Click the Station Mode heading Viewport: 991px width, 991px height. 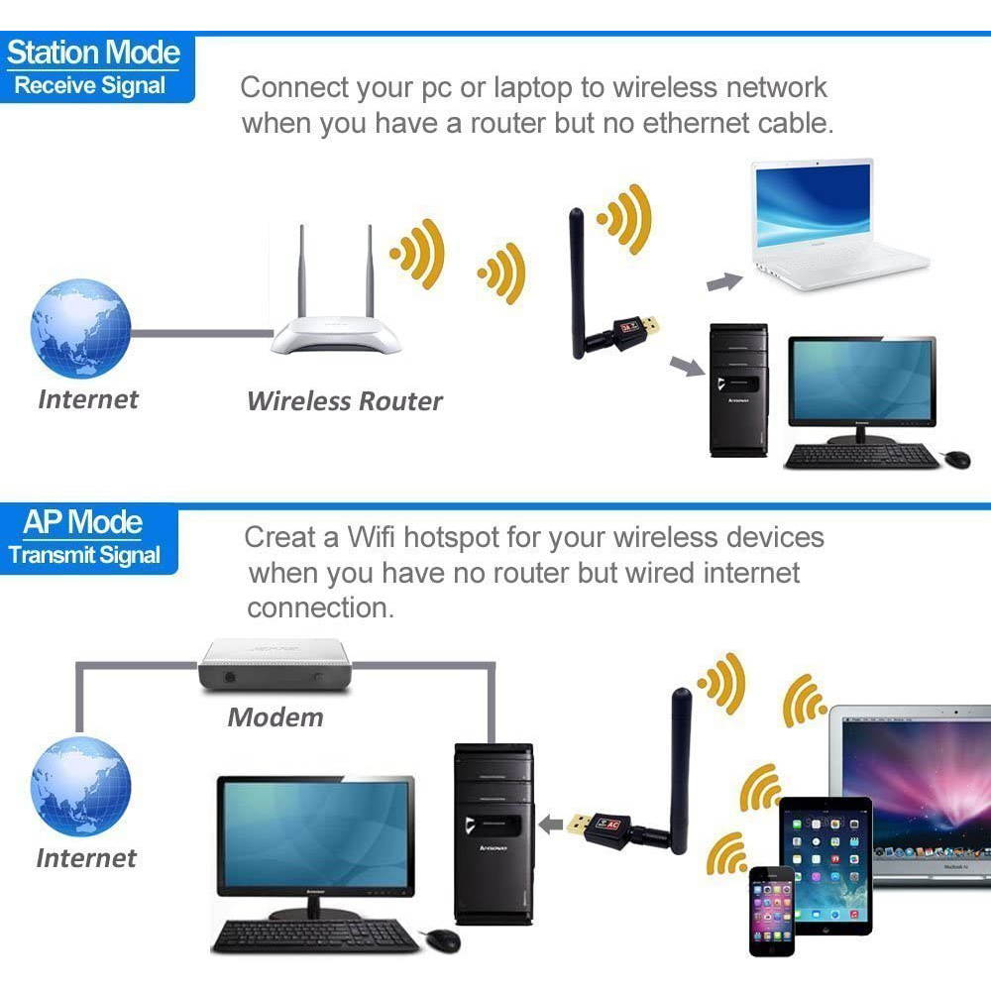(x=93, y=53)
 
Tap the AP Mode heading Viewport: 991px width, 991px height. (x=83, y=522)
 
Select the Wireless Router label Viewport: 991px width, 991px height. (x=344, y=401)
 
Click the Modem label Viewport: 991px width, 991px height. (x=275, y=717)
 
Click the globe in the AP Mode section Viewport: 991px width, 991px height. (x=80, y=786)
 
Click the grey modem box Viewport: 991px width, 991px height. (x=275, y=666)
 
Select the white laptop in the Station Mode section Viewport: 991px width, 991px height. (x=832, y=228)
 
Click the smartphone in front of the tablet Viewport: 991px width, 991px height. (x=771, y=910)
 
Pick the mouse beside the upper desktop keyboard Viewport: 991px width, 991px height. (x=957, y=459)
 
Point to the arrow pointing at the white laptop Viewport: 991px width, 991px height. (x=724, y=282)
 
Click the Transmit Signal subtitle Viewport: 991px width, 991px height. (x=85, y=555)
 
